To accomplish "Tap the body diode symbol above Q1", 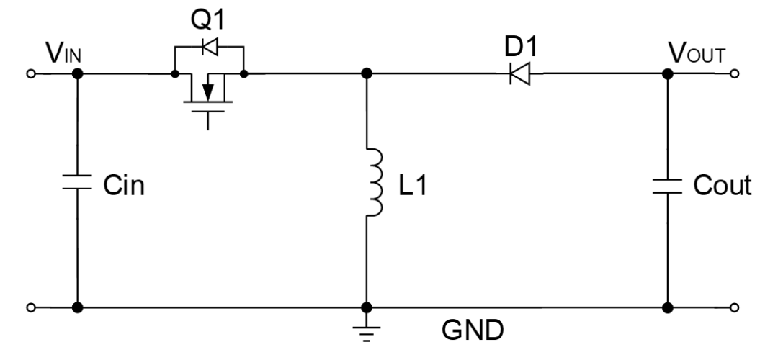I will [210, 48].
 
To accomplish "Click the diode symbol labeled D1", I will [519, 73].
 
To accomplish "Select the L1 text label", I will [414, 186].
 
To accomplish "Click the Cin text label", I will [123, 186].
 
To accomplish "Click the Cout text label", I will [722, 186].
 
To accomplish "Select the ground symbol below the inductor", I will [367, 328].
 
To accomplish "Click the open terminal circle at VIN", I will [30, 73].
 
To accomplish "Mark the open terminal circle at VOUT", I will [734, 73].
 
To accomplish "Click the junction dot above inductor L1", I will [367, 73].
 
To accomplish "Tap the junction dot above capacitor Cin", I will [77, 73].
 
